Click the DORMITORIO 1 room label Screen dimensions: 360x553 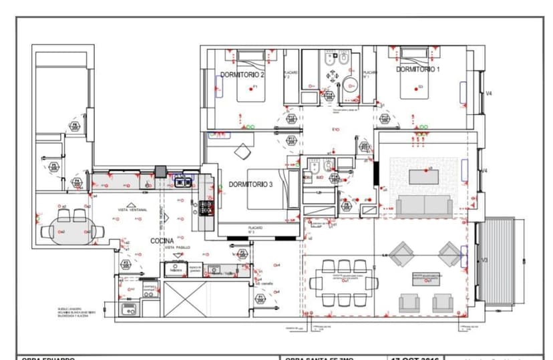pos(418,69)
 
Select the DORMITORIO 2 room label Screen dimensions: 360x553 pos(242,75)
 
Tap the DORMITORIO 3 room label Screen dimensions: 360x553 pos(250,184)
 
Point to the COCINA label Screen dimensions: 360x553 pos(163,240)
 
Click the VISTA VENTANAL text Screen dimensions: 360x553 pos(132,210)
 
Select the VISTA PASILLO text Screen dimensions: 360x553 pos(177,247)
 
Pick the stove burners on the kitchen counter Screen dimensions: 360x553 pos(205,208)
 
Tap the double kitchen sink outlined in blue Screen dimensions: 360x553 pos(183,180)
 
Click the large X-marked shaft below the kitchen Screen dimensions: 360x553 pos(186,299)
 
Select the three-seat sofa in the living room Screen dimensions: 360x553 pos(424,206)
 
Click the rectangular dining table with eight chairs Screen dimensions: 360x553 pos(345,283)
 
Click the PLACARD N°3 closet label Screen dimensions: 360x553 pos(256,229)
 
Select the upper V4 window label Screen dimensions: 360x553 pos(488,94)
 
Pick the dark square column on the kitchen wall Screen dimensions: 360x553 pos(160,171)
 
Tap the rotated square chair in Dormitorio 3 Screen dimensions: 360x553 pos(242,152)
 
